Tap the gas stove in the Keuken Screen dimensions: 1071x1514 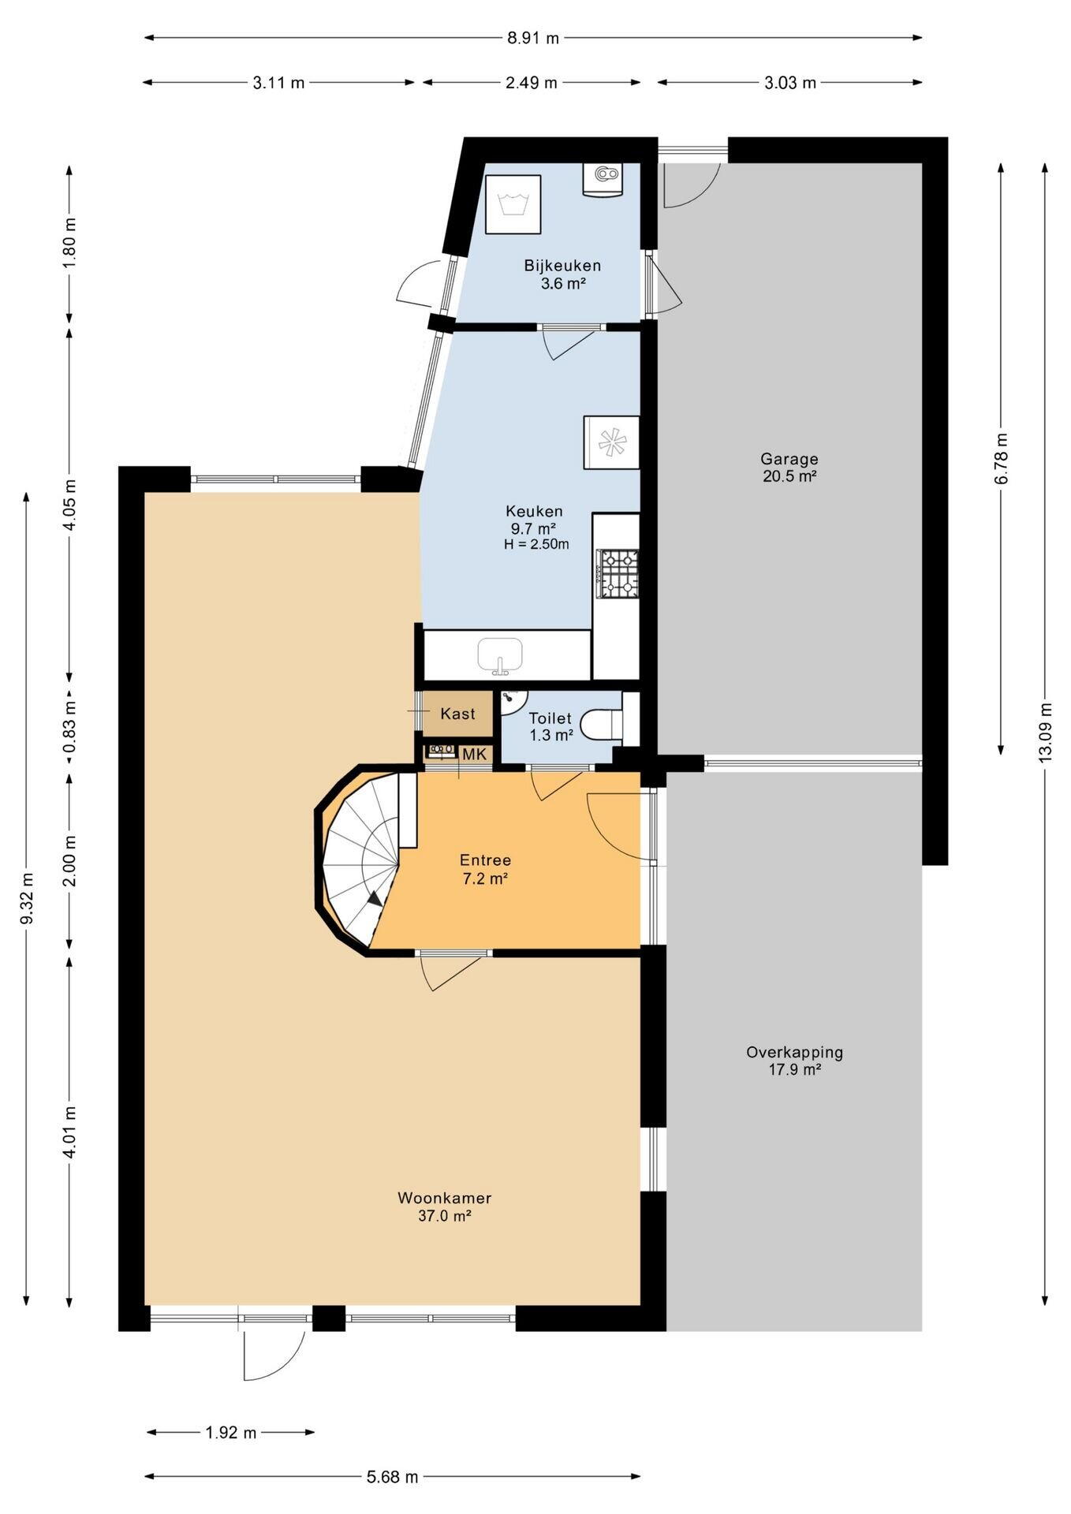pos(619,574)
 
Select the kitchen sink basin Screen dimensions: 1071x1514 pos(500,655)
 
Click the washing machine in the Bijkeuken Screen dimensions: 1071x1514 pos(513,204)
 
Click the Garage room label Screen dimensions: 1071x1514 pos(789,459)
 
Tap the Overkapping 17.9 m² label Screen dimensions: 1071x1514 pos(794,1061)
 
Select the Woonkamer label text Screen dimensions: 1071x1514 pos(444,1199)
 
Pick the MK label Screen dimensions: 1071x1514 pos(474,755)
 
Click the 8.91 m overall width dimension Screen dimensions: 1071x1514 pos(533,38)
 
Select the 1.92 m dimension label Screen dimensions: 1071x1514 pos(231,1433)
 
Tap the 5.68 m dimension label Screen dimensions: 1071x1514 pos(392,1477)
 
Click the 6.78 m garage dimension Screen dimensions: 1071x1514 pos(1001,459)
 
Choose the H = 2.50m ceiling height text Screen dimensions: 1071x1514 pos(536,544)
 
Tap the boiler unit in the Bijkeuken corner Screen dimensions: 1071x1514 pos(603,179)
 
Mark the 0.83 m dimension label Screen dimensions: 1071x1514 pos(69,726)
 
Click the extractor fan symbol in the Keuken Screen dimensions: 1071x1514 pos(611,442)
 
